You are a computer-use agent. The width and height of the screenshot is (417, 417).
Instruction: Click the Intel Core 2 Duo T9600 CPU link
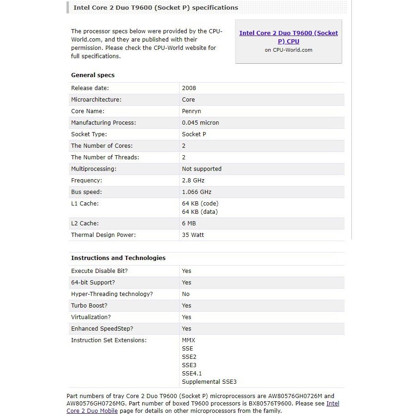288,37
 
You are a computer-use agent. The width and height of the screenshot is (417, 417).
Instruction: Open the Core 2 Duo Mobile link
92,411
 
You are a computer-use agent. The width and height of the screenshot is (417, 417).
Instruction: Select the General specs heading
93,75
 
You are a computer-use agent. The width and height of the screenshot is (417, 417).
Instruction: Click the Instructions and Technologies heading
118,258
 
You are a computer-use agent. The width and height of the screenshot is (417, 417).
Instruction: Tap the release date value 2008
189,88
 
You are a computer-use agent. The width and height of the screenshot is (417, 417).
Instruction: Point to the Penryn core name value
191,111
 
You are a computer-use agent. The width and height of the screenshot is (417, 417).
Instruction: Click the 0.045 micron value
200,122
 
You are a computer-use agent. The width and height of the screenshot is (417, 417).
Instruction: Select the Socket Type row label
89,134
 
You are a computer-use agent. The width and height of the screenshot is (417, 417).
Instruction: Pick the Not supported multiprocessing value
201,169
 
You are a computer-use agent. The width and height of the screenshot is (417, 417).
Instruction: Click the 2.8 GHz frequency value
193,180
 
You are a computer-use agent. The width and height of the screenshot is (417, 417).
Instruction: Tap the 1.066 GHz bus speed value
197,192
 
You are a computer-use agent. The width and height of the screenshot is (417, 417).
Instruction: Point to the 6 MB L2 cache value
189,223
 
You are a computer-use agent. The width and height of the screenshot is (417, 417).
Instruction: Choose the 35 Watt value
193,235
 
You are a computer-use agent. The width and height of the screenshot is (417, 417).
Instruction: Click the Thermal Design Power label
103,235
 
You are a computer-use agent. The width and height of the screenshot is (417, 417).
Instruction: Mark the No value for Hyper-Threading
186,294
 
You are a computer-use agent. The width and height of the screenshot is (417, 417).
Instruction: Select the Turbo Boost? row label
89,305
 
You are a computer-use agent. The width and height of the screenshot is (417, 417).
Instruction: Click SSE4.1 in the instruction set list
192,373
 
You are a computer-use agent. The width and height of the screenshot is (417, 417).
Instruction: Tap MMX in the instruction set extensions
188,340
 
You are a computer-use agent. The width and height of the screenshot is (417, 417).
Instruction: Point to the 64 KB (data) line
199,212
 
